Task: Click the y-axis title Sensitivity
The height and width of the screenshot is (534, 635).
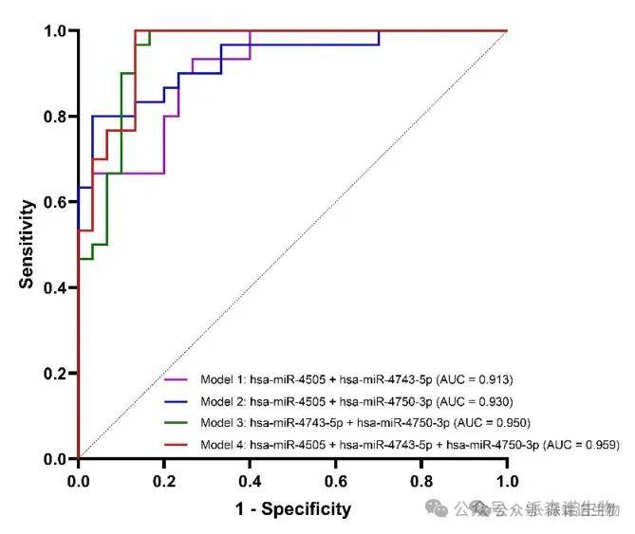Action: [x=28, y=244]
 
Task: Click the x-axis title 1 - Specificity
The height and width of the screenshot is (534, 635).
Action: [x=292, y=509]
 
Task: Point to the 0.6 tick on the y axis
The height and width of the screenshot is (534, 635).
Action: [x=54, y=202]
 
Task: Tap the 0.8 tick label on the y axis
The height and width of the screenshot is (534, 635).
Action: [x=54, y=117]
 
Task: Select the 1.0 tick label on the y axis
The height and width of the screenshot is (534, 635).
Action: [x=54, y=31]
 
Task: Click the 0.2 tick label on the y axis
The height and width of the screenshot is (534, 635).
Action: [x=54, y=374]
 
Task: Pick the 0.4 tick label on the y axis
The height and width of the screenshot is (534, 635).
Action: [x=54, y=287]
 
